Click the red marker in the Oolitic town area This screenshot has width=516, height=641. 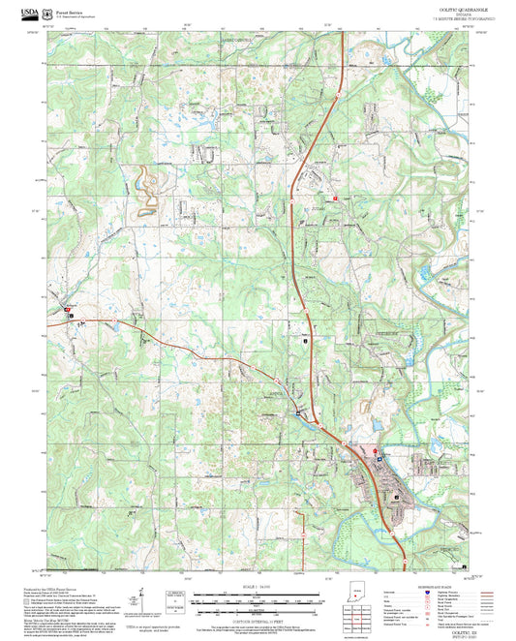(x=376, y=449)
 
